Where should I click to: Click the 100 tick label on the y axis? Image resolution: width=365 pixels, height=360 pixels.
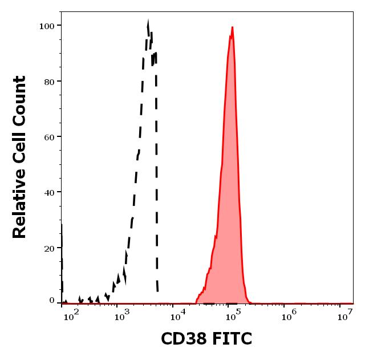[46, 26]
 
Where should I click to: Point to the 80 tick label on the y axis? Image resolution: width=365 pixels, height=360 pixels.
[48, 82]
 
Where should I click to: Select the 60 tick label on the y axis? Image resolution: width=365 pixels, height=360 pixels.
[48, 137]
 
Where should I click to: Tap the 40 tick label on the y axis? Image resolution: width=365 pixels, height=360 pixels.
[48, 192]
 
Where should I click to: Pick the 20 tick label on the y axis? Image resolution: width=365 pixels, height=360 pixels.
[48, 248]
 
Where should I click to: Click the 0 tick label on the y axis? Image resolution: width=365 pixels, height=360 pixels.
[52, 301]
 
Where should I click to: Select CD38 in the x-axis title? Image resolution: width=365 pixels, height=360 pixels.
[182, 339]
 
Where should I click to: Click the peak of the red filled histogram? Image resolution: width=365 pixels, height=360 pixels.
[232, 27]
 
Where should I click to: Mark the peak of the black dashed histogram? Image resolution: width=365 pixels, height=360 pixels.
[148, 23]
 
